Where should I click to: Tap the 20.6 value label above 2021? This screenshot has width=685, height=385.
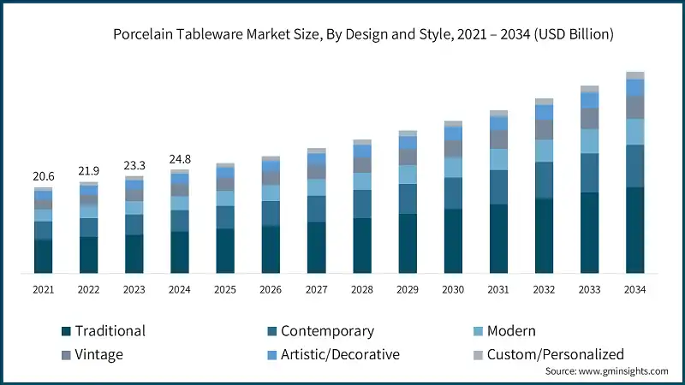[x=43, y=175]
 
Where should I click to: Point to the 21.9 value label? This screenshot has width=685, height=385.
[x=88, y=170]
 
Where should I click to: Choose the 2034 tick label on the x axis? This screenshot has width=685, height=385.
[x=634, y=290]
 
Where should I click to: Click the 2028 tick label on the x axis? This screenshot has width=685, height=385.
[x=361, y=290]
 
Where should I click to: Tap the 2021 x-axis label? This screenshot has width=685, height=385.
[x=43, y=290]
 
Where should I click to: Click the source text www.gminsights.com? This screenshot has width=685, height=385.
[x=606, y=371]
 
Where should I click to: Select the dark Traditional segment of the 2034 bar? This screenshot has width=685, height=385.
[x=634, y=230]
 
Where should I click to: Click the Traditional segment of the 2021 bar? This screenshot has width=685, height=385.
[x=43, y=257]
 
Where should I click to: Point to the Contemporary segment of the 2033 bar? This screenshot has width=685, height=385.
[x=589, y=173]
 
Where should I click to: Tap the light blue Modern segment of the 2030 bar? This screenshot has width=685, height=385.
[x=453, y=167]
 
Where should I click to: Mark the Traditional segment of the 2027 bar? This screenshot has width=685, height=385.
[x=316, y=247]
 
